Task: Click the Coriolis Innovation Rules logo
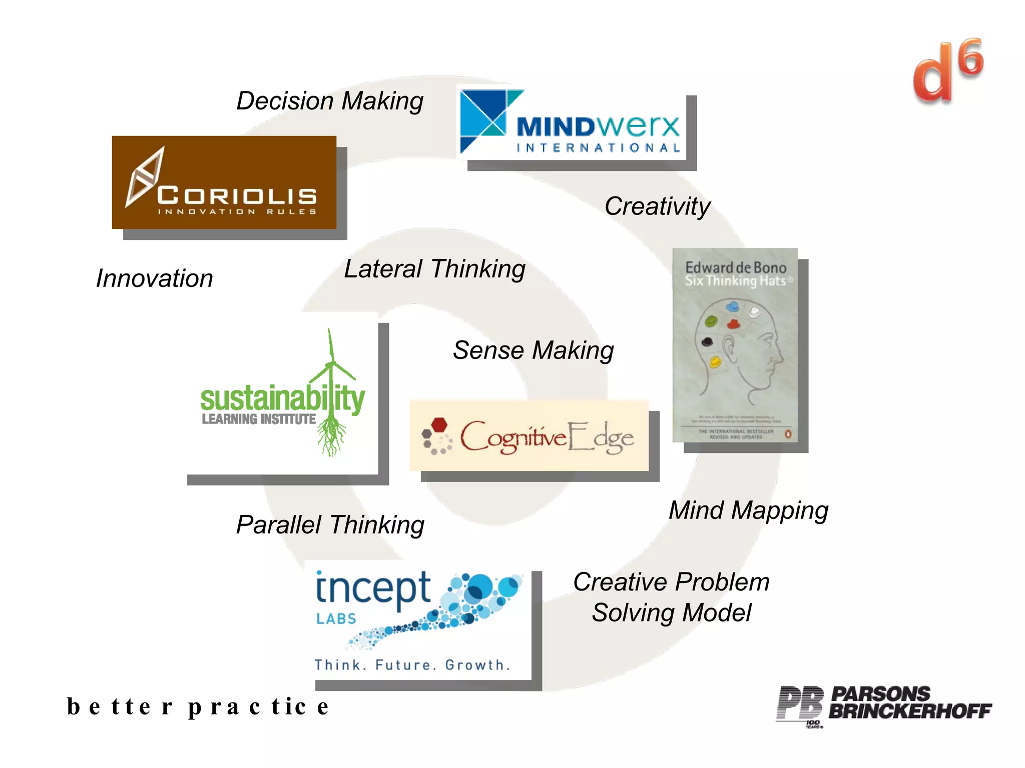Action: click(224, 182)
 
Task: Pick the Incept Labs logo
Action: click(418, 620)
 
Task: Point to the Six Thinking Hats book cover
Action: click(735, 345)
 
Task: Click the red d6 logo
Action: click(947, 71)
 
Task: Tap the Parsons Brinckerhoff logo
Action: click(883, 704)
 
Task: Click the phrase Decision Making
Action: click(330, 101)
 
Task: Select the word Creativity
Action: click(657, 206)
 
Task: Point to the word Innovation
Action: click(154, 278)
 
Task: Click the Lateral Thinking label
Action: click(434, 269)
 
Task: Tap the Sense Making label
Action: click(533, 350)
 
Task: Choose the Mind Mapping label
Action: click(748, 510)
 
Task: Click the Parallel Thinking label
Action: click(330, 525)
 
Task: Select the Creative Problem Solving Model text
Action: click(671, 597)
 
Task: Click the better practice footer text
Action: click(198, 706)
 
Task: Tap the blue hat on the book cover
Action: click(733, 306)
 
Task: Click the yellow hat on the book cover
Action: click(716, 361)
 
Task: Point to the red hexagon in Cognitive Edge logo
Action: click(439, 425)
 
